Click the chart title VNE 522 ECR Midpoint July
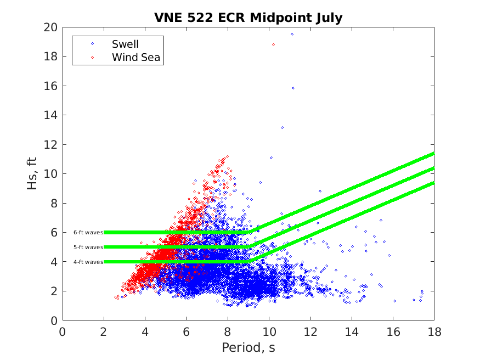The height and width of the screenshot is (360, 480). tap(248, 18)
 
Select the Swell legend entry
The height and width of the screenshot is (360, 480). tap(125, 44)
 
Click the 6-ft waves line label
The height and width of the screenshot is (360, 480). tap(88, 233)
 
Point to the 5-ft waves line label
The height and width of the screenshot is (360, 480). tap(88, 248)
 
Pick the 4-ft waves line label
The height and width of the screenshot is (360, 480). tap(88, 262)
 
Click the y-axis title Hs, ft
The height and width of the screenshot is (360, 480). tap(32, 173)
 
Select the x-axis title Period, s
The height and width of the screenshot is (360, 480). tap(248, 347)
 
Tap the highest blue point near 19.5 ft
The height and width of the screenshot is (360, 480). tap(292, 34)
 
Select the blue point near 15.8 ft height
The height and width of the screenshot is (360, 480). tap(293, 88)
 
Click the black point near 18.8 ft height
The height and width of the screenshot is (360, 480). tap(273, 44)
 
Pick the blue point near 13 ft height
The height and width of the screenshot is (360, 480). tap(282, 128)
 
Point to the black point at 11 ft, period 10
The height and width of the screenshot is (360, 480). tap(271, 157)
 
